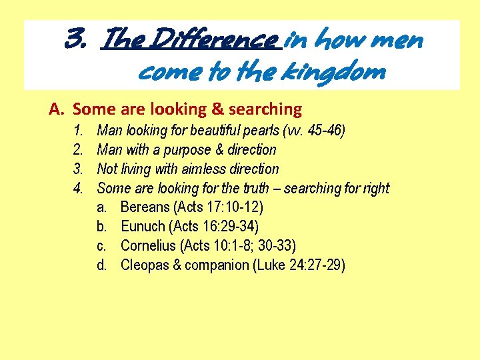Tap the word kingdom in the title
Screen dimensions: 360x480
[337, 71]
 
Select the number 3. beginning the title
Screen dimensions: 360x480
[75, 41]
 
